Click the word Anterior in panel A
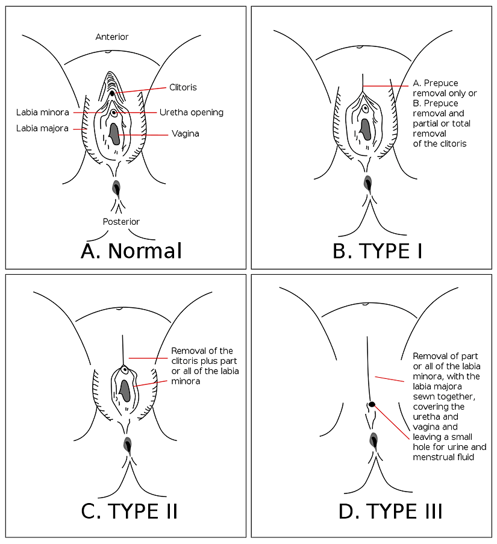pyautogui.click(x=112, y=37)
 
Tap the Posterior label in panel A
pyautogui.click(x=121, y=222)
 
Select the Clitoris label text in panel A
pyautogui.click(x=183, y=87)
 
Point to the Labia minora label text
pyautogui.click(x=43, y=112)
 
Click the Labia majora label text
pyautogui.click(x=42, y=128)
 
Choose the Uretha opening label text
pyautogui.click(x=191, y=112)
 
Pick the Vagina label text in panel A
pyautogui.click(x=185, y=134)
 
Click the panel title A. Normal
pyautogui.click(x=131, y=251)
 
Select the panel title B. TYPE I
pyautogui.click(x=377, y=251)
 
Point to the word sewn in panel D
pyautogui.click(x=425, y=396)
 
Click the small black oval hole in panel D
pyautogui.click(x=372, y=404)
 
